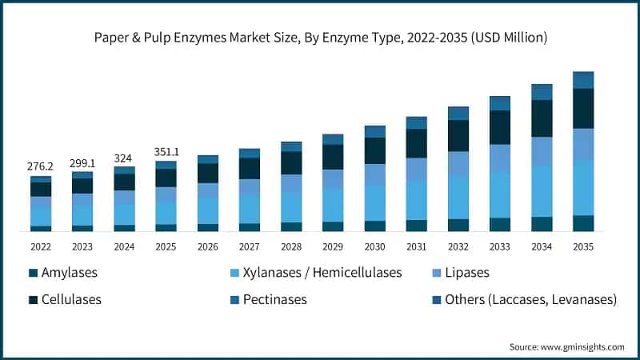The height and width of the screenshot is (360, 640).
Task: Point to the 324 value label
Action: (124, 158)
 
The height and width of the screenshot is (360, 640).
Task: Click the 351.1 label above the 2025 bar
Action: (166, 152)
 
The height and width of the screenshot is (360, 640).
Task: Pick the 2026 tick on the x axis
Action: (207, 247)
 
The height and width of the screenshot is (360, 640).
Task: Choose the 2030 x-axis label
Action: (374, 247)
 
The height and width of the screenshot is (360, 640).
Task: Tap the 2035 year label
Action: (583, 247)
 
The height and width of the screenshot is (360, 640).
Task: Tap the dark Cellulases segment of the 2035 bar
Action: (583, 108)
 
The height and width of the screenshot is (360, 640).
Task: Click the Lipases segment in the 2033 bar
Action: (500, 158)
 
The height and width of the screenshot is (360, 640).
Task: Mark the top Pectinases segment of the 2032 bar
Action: (458, 113)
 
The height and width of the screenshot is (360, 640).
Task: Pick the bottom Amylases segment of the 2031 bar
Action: (416, 226)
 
